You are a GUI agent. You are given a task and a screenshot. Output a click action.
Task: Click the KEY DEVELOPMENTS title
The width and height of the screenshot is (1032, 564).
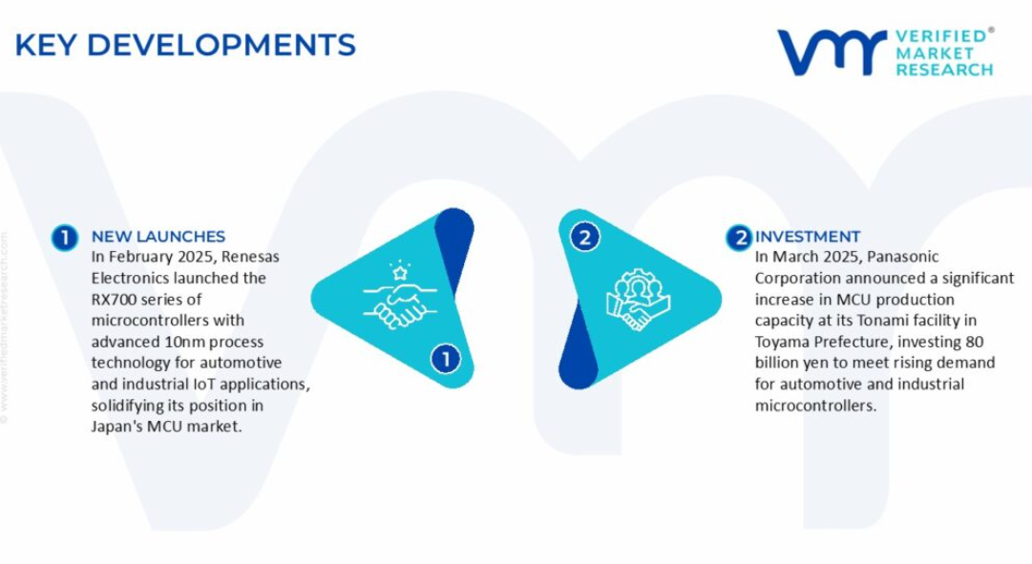tap(185, 46)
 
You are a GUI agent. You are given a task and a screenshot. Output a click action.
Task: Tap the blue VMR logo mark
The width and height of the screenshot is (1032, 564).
tap(832, 52)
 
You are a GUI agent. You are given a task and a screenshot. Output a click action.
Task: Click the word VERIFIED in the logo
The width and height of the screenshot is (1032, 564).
tap(941, 35)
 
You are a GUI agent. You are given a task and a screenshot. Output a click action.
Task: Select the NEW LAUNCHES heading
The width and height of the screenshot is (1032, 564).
tap(158, 237)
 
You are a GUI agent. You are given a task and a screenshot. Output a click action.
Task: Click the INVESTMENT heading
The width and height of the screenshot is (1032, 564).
tap(808, 237)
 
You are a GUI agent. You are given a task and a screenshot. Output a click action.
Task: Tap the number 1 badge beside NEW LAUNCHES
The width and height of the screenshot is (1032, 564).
tap(65, 238)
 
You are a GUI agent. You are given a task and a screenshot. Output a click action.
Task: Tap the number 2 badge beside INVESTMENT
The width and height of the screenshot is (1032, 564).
tap(739, 238)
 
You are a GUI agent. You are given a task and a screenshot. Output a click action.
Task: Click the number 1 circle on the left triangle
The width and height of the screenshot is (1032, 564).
tap(446, 360)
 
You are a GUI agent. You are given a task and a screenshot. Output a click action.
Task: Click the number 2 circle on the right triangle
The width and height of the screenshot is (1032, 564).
tap(584, 237)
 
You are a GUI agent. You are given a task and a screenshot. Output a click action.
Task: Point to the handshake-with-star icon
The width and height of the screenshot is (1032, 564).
tap(399, 295)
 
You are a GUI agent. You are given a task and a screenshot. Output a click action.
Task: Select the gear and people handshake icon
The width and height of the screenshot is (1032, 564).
tap(638, 299)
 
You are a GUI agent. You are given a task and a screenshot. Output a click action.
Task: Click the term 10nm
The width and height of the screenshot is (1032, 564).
tap(188, 343)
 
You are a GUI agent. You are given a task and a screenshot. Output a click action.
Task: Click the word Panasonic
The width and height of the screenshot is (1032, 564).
tap(903, 257)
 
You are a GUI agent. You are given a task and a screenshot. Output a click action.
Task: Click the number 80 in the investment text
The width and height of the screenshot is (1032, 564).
tap(975, 343)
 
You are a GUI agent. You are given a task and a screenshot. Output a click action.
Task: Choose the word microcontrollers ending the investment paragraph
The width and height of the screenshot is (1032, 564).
tap(815, 406)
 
